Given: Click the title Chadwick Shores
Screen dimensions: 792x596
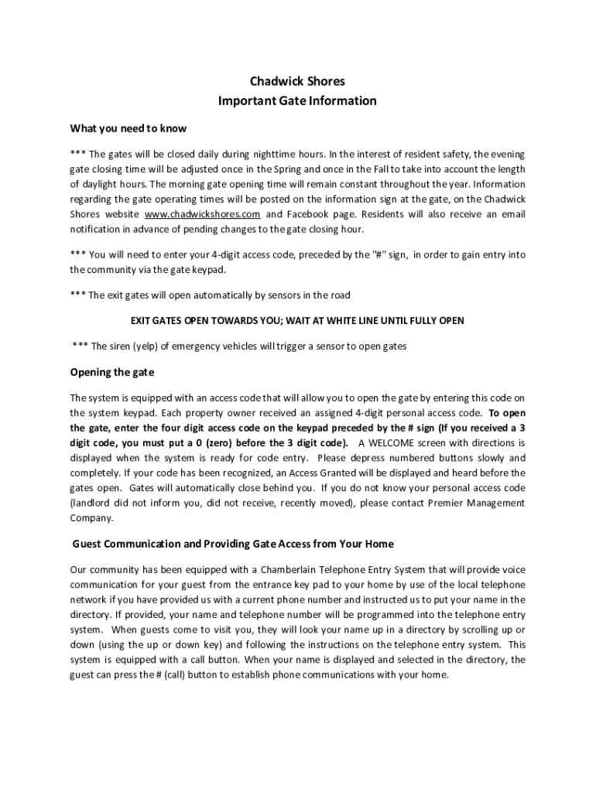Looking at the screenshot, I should (297, 81).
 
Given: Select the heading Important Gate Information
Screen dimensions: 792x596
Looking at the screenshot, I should (297, 101).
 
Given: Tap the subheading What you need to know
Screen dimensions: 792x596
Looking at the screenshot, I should (128, 128).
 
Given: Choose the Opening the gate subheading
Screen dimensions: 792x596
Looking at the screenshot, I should (112, 373).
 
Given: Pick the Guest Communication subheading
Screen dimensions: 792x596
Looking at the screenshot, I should (233, 544).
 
